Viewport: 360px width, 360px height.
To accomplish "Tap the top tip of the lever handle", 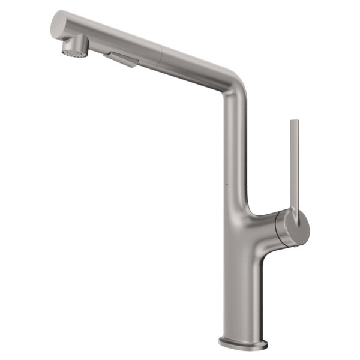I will coord(294,122).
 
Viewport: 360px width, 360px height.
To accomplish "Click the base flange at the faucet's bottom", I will coord(243,343).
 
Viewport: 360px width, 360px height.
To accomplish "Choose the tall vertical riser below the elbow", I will coord(235,150).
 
